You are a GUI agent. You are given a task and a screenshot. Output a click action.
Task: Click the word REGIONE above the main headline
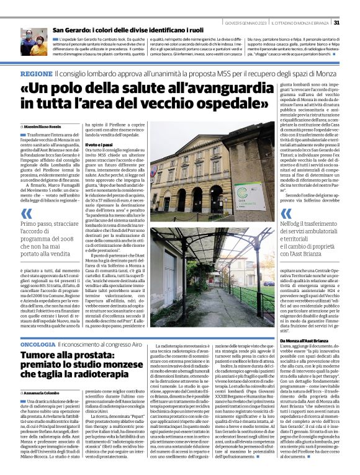click(36, 73)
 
